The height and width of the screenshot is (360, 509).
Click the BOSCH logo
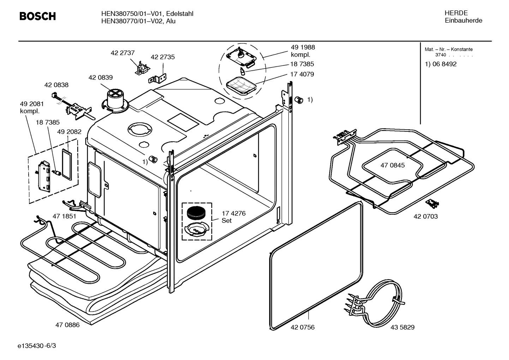coord(37,16)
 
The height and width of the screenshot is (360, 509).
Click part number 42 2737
coord(122,53)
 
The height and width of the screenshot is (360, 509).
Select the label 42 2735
coord(163,57)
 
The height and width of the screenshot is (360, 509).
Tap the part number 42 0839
coord(101,77)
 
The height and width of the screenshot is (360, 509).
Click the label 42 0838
coord(56,85)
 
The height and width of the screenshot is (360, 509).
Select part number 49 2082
coord(69,132)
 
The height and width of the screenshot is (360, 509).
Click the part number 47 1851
coord(64,216)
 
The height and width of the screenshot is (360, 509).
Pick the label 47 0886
coord(67,325)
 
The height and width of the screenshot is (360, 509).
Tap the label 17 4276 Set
coord(233,217)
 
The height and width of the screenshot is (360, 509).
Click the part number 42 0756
coord(303,327)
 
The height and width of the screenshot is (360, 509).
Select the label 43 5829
coord(402,327)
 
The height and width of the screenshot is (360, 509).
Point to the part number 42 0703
coord(426,216)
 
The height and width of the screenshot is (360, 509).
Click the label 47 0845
coord(393,165)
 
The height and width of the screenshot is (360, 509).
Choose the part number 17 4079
coord(302,74)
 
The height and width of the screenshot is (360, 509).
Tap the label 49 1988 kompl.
coord(303,51)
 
